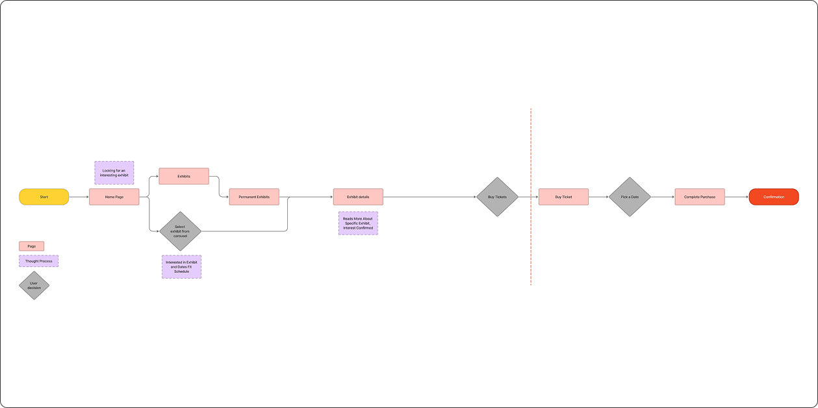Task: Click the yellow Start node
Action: (44, 197)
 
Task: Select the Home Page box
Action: (114, 197)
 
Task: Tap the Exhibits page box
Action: (184, 176)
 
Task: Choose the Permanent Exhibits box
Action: (254, 197)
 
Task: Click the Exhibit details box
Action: (358, 197)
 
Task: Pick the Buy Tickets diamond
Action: (497, 197)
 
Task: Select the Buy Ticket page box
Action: (563, 197)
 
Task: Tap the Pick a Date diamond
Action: (630, 197)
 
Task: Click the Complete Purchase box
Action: (700, 197)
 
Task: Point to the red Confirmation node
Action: (773, 197)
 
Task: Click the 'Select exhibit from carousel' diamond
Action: (180, 231)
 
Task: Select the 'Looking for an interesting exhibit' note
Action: (114, 173)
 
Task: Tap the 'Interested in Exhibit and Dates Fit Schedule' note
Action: (181, 267)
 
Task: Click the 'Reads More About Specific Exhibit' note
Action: (358, 223)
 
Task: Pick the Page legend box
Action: (32, 246)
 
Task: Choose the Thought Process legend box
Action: (38, 261)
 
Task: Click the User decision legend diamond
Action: (34, 285)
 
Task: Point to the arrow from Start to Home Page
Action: (79, 197)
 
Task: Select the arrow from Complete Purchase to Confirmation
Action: (737, 197)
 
